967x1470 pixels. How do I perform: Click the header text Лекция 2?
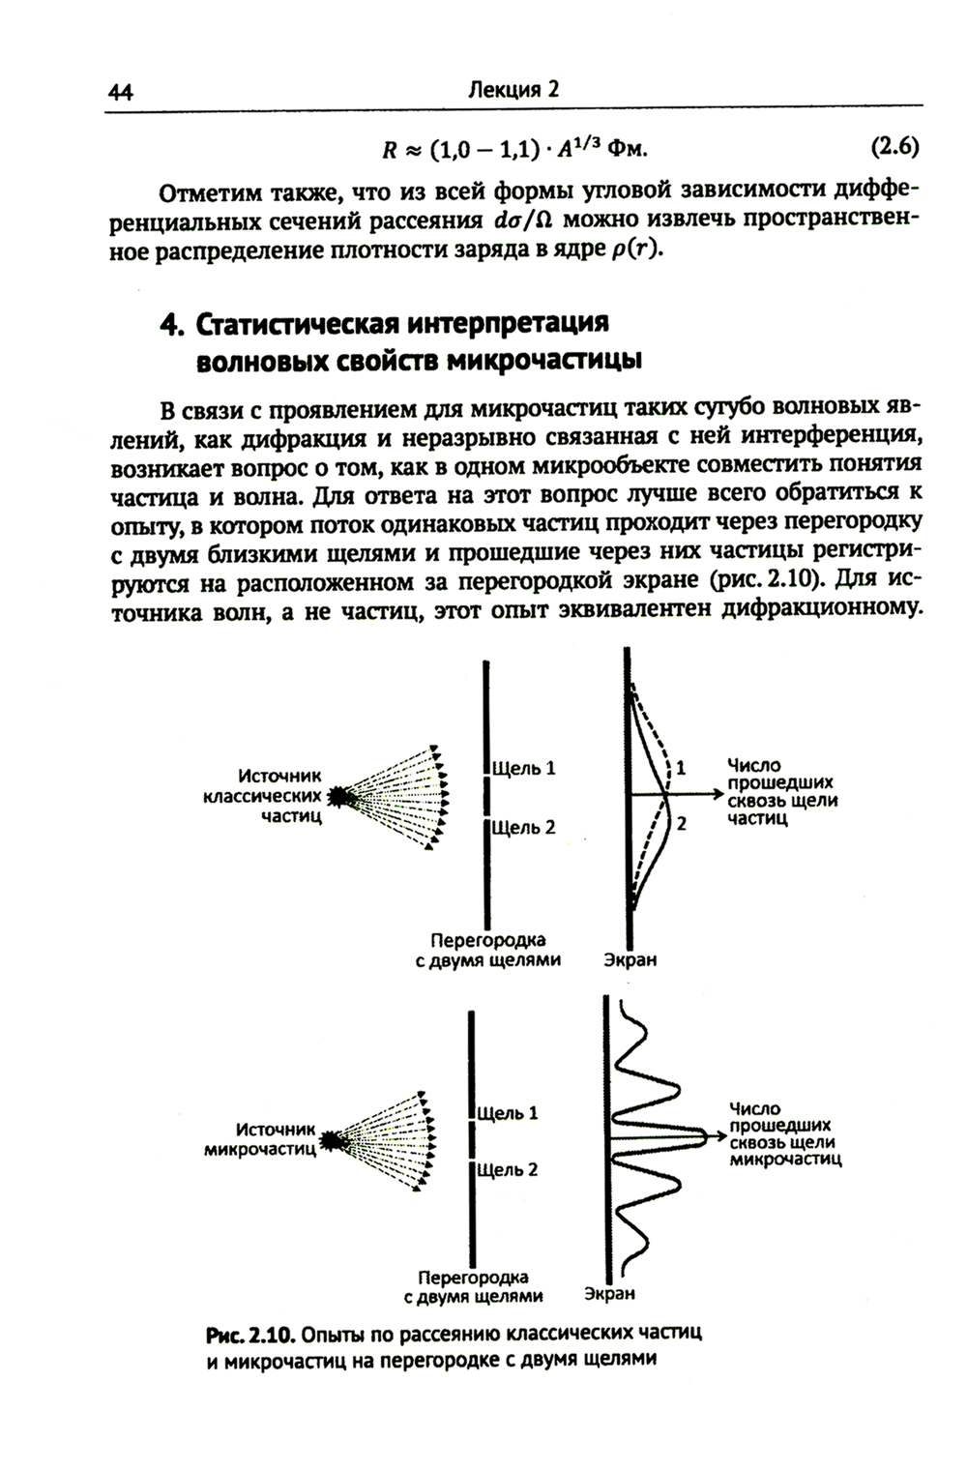click(513, 90)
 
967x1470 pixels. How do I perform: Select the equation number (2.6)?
click(894, 148)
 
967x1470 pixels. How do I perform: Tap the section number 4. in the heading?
click(172, 324)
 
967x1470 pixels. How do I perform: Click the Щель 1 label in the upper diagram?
click(524, 769)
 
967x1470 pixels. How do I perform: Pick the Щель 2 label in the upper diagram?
click(524, 828)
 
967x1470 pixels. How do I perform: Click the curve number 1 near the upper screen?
click(681, 767)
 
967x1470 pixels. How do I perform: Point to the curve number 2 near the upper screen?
click(681, 825)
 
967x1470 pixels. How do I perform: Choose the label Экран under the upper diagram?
click(630, 960)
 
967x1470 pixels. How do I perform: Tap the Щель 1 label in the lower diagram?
click(507, 1113)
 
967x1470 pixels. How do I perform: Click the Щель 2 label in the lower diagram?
click(507, 1170)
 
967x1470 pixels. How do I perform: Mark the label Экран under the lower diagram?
click(609, 1294)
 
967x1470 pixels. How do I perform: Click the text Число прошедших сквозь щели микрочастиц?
click(784, 1133)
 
